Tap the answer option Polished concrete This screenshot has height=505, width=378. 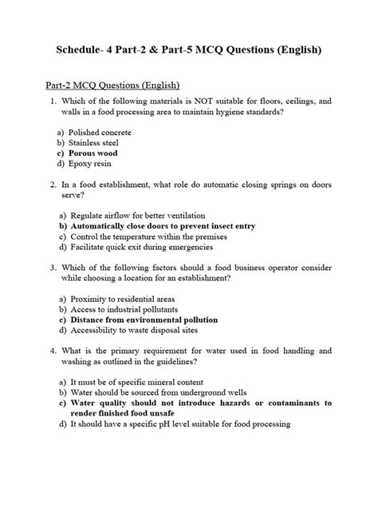pos(100,131)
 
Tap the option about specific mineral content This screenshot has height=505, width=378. pos(136,383)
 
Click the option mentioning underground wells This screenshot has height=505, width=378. pos(156,393)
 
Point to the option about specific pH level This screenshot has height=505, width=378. pos(179,424)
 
